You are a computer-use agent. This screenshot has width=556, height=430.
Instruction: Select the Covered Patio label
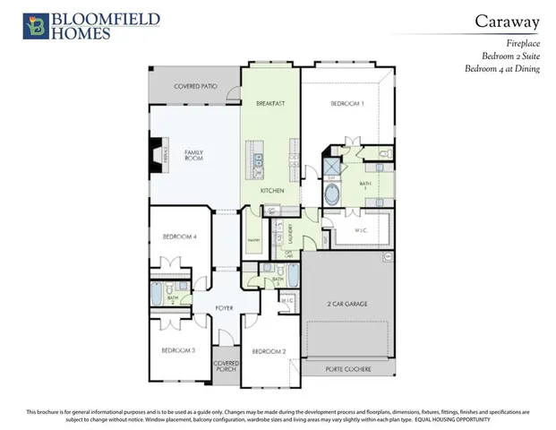click(x=195, y=86)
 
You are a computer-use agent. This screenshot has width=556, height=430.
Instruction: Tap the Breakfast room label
click(x=270, y=104)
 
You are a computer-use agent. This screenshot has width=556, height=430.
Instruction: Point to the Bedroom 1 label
click(x=347, y=104)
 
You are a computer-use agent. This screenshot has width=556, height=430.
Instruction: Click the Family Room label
click(x=194, y=157)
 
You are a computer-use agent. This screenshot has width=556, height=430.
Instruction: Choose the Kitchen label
click(x=272, y=191)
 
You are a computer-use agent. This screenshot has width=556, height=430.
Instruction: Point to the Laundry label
click(x=291, y=234)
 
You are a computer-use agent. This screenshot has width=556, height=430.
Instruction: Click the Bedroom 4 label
click(x=180, y=236)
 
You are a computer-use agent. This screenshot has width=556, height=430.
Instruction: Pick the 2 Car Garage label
click(x=346, y=304)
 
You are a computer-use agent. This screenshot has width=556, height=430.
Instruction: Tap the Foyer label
click(x=224, y=307)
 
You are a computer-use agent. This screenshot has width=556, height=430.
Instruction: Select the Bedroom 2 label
click(x=269, y=351)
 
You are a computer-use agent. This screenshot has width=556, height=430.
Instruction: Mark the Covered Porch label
click(x=226, y=366)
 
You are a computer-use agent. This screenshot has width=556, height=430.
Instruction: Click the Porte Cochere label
click(x=346, y=367)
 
